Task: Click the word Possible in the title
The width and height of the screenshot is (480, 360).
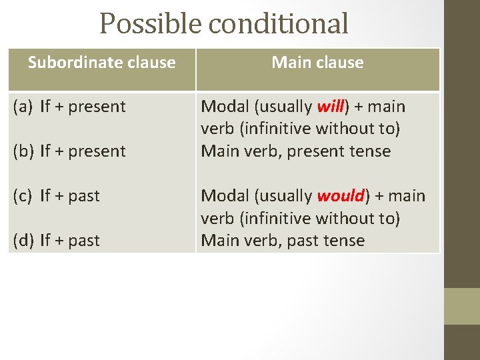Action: (x=151, y=24)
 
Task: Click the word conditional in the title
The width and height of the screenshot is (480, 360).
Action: (x=279, y=24)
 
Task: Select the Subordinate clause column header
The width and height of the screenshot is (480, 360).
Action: (x=101, y=63)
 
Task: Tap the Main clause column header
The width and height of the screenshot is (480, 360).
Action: (x=317, y=63)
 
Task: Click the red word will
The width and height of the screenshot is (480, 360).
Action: (x=330, y=107)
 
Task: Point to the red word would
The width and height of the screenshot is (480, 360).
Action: (x=341, y=196)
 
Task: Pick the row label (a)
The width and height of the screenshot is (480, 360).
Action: (x=23, y=107)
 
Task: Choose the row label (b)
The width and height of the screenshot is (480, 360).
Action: (x=23, y=151)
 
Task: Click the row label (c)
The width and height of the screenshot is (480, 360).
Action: (x=23, y=196)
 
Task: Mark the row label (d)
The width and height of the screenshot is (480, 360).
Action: (x=23, y=241)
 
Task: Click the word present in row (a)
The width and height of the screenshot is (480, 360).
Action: (x=98, y=107)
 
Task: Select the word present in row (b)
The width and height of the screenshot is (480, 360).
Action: (x=98, y=151)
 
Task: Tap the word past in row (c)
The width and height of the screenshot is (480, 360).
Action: (x=84, y=196)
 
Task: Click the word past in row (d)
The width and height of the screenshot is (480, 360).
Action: (x=84, y=241)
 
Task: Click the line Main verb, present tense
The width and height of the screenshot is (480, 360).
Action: (x=295, y=151)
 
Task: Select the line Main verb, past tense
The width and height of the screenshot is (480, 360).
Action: (x=283, y=241)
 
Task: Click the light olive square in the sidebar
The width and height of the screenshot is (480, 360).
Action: (x=461, y=306)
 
